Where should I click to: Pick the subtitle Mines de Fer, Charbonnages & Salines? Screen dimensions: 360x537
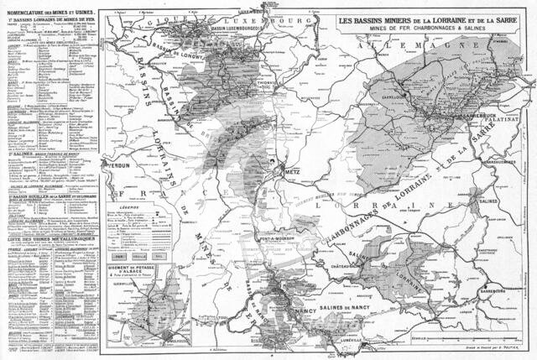click(x=425, y=29)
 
